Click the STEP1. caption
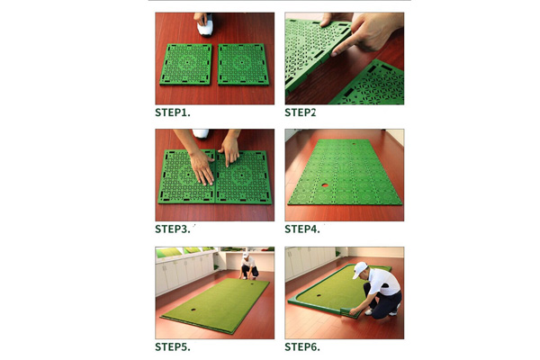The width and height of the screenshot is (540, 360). [x=173, y=112]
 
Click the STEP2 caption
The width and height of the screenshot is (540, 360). [x=301, y=112]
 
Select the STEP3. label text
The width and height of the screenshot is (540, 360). [x=173, y=229]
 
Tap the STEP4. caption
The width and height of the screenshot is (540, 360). [x=302, y=229]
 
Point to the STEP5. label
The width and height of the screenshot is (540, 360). [x=173, y=346]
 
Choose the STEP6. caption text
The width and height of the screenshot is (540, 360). [x=302, y=346]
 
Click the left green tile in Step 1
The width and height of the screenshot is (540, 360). [x=186, y=65]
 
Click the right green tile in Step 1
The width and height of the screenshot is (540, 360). [x=244, y=65]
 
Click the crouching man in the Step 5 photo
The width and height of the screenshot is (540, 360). [x=249, y=268]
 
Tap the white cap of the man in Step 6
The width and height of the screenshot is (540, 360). [x=362, y=270]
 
